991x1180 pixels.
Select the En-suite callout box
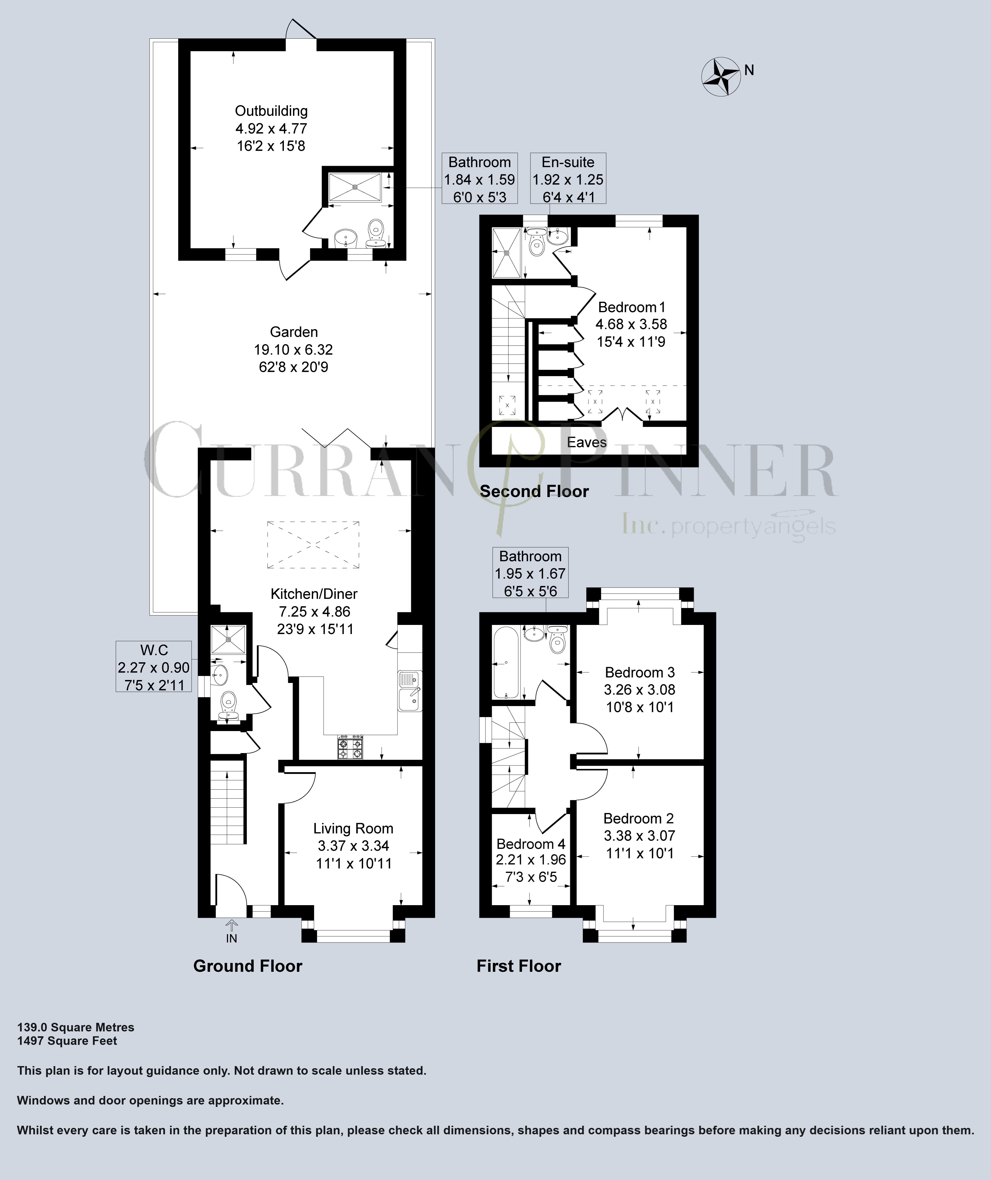click(x=568, y=179)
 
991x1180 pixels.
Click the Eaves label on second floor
click(x=587, y=442)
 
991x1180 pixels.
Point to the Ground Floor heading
click(x=248, y=966)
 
